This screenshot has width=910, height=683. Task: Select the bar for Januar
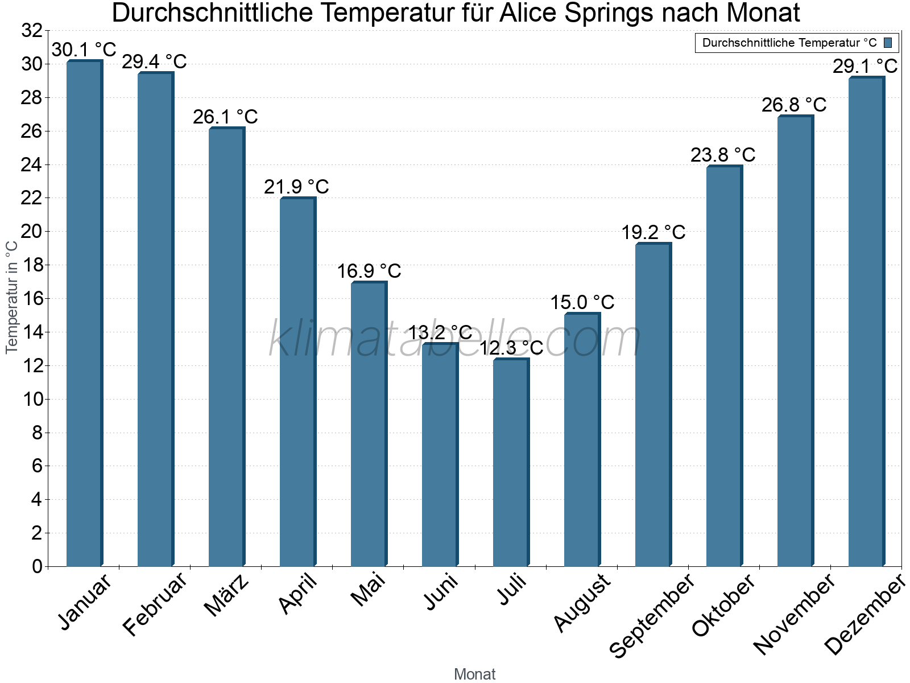click(x=84, y=313)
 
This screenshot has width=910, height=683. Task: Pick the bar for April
click(x=297, y=381)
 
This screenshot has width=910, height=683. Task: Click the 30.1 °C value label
click(x=84, y=50)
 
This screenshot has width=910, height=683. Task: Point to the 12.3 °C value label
click(x=511, y=348)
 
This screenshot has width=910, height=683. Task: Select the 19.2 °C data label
click(x=653, y=232)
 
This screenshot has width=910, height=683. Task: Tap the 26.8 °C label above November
click(x=794, y=105)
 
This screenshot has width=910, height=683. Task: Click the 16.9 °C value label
click(x=369, y=271)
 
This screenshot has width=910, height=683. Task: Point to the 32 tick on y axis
click(x=32, y=31)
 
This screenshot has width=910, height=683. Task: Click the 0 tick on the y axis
click(x=38, y=566)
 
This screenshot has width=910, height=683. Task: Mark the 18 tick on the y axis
click(x=32, y=265)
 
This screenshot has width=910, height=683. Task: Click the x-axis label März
click(x=226, y=595)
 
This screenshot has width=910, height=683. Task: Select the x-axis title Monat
click(x=474, y=674)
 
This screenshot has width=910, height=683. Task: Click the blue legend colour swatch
click(x=888, y=43)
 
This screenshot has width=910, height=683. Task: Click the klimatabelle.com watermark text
click(x=455, y=339)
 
